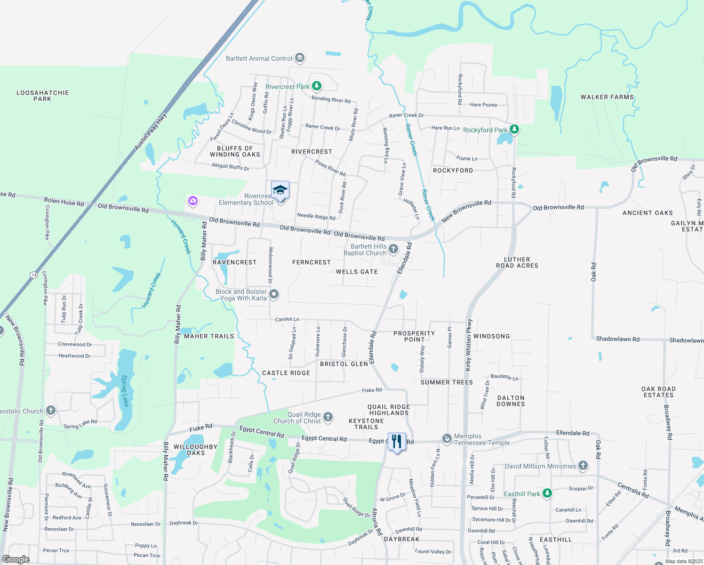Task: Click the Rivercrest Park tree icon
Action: point(317,86)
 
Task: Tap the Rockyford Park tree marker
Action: point(514,129)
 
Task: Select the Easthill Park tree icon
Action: point(547,493)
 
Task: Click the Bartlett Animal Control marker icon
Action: point(300,58)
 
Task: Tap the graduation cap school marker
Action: point(280,190)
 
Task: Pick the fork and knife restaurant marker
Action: point(397,442)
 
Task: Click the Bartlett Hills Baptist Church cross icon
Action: point(393,249)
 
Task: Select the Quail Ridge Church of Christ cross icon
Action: point(328,417)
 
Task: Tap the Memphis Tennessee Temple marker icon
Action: point(447,439)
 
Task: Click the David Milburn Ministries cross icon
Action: point(583,466)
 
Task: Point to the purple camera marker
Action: point(192,201)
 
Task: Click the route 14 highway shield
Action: point(33,274)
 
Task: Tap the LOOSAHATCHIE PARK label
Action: point(42,96)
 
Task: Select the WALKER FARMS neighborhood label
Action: point(607,97)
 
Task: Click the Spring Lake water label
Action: point(125,390)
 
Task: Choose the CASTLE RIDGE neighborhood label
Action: point(286,373)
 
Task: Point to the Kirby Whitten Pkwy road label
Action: point(469,345)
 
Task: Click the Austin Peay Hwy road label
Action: point(151,132)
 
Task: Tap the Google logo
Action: point(16,559)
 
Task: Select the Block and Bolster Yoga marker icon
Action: point(274,294)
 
